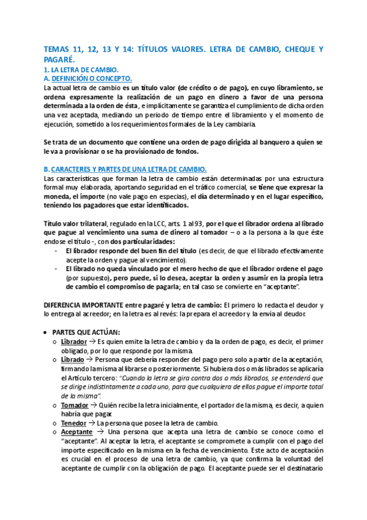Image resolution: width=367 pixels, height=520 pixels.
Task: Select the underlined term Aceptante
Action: click(x=77, y=432)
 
